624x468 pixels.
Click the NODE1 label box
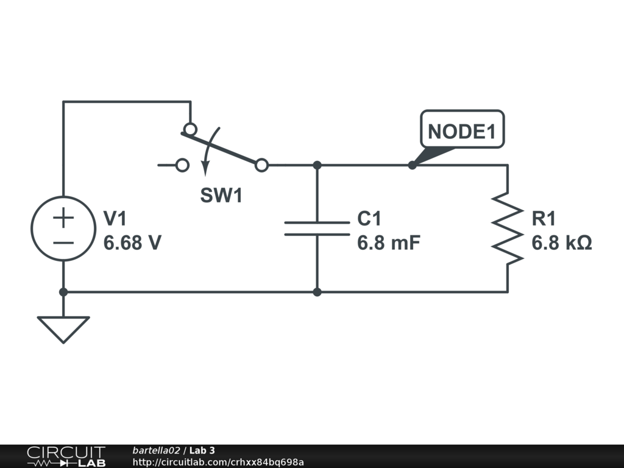(x=462, y=129)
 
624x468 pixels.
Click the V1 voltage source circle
(x=63, y=229)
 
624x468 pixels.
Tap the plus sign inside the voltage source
(x=63, y=218)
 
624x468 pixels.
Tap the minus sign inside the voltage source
(x=63, y=243)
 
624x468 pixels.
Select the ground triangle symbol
(x=63, y=329)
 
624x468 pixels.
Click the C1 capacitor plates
(x=317, y=229)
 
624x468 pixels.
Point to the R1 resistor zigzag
(x=508, y=229)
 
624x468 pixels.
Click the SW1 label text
(x=221, y=195)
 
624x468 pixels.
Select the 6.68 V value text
(x=132, y=243)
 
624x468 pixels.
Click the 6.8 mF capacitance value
(x=388, y=243)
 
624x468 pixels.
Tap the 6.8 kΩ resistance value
(x=561, y=243)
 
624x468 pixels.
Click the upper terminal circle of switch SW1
(x=190, y=129)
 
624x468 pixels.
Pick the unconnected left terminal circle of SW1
(x=182, y=165)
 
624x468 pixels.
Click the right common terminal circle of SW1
(x=261, y=165)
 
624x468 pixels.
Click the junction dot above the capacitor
(x=317, y=165)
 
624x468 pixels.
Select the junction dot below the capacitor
(x=317, y=292)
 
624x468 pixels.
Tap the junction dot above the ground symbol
(x=63, y=292)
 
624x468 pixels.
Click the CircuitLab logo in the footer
(x=66, y=456)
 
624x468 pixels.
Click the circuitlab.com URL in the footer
(x=218, y=462)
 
